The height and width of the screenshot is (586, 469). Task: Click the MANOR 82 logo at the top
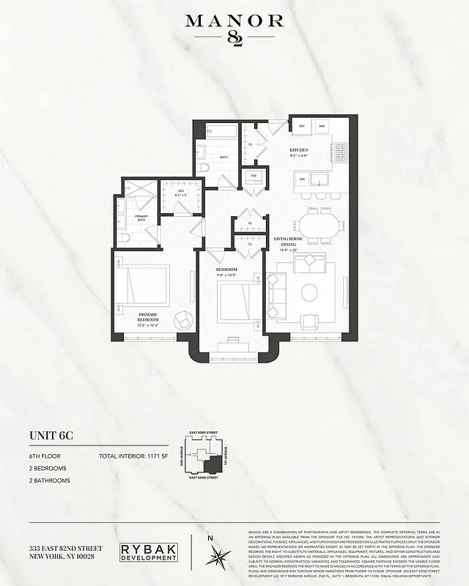coord(234,29)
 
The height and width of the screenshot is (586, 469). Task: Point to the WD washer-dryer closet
coord(253,176)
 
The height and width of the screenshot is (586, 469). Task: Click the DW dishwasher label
coord(301,177)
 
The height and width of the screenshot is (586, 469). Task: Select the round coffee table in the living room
coord(309,292)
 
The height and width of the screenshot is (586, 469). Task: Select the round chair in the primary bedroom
coord(181,319)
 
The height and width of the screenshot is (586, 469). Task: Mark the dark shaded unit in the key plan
coord(213,464)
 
